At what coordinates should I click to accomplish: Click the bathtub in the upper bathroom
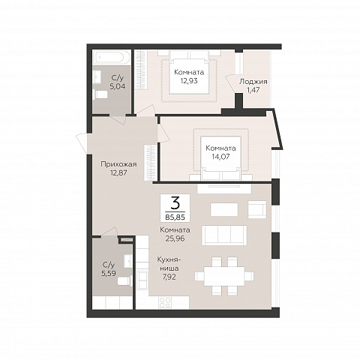pyautogui.click(x=112, y=58)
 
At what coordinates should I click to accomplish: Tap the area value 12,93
pyautogui.click(x=189, y=81)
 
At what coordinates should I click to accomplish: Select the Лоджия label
pyautogui.click(x=253, y=82)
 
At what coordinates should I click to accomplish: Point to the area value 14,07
pyautogui.click(x=220, y=157)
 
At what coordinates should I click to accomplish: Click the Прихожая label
pyautogui.click(x=118, y=164)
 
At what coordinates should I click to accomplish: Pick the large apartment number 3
pyautogui.click(x=175, y=204)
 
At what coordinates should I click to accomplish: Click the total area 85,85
pyautogui.click(x=175, y=217)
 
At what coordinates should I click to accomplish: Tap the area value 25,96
pyautogui.click(x=175, y=238)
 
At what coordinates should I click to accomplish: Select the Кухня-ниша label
pyautogui.click(x=168, y=264)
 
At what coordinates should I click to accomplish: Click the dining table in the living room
pyautogui.click(x=224, y=276)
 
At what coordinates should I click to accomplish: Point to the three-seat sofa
pyautogui.click(x=224, y=235)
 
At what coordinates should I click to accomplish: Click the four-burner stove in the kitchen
pyautogui.click(x=165, y=302)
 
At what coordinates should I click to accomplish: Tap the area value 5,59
pyautogui.click(x=109, y=274)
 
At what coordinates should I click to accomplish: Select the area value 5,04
pyautogui.click(x=118, y=86)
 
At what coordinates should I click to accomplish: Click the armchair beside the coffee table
pyautogui.click(x=257, y=209)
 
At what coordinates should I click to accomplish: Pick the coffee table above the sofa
pyautogui.click(x=224, y=209)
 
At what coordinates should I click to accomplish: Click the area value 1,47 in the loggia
pyautogui.click(x=253, y=90)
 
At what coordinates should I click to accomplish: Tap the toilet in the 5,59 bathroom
pyautogui.click(x=124, y=281)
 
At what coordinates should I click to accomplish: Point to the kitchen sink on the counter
pyautogui.click(x=142, y=280)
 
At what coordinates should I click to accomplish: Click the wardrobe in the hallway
pyautogui.click(x=151, y=162)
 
